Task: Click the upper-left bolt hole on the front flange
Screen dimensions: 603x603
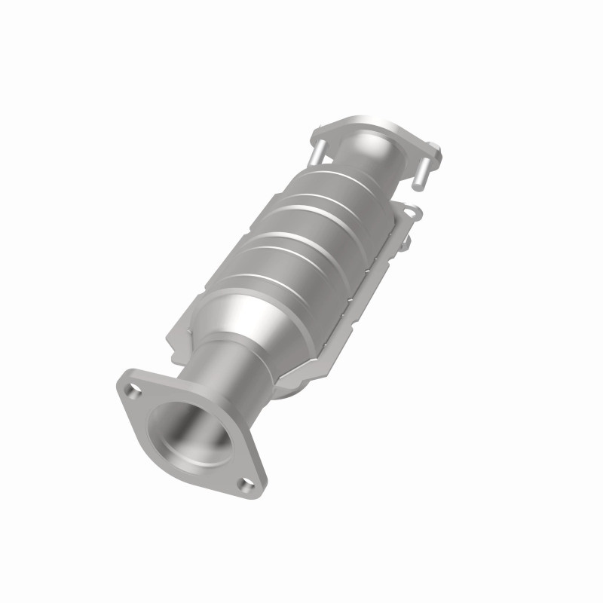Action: pyautogui.click(x=135, y=390)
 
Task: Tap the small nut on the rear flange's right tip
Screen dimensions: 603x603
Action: pyautogui.click(x=435, y=144)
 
